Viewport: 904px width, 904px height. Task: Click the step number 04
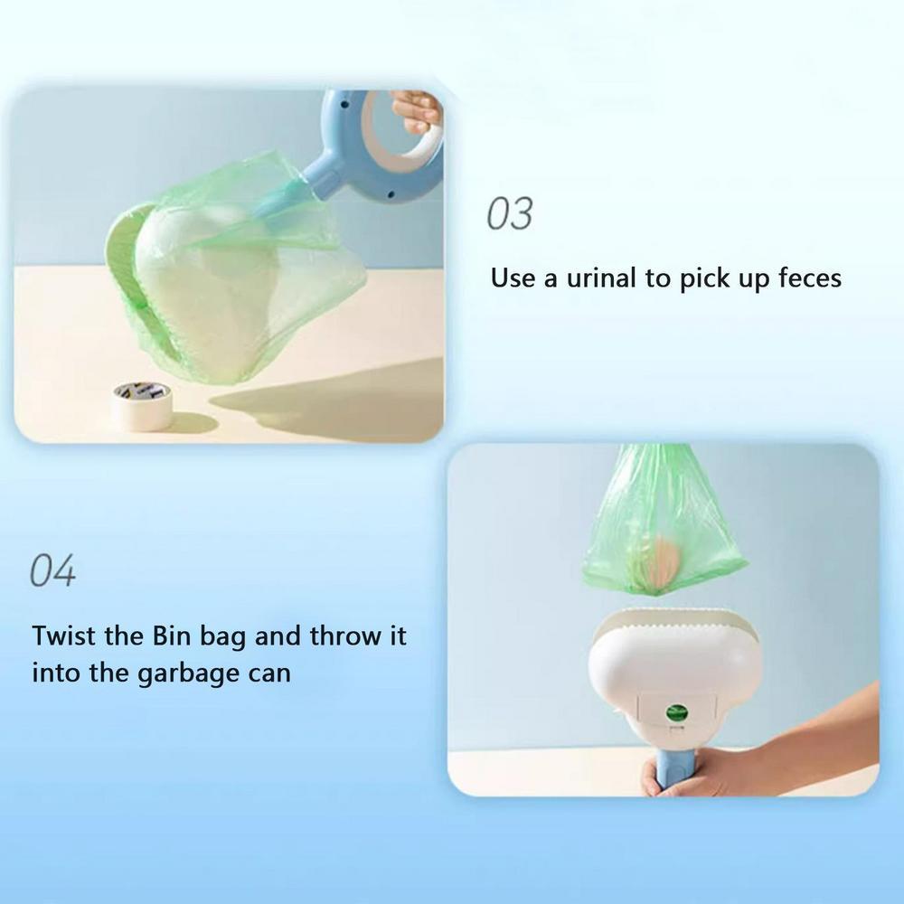(53, 571)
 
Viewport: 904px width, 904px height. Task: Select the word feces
(809, 278)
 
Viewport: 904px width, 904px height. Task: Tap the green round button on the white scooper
(674, 711)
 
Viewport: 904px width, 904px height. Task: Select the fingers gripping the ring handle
(417, 112)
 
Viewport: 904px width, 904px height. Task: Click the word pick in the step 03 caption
(707, 278)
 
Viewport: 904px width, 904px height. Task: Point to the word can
(270, 674)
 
